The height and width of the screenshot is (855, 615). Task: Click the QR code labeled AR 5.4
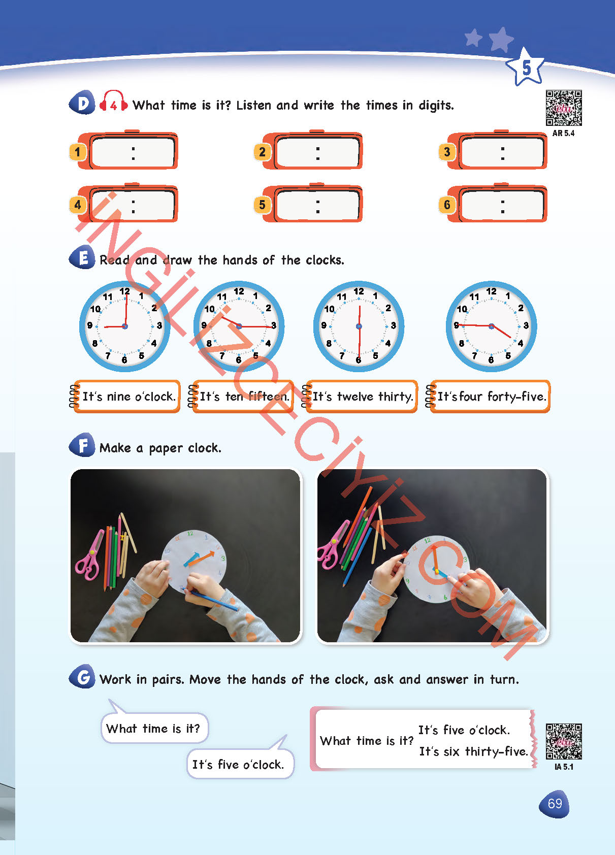click(x=564, y=108)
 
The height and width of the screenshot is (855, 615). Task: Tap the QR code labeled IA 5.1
click(x=564, y=741)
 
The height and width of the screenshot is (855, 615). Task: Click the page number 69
click(x=554, y=804)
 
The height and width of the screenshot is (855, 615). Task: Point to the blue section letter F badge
click(x=82, y=445)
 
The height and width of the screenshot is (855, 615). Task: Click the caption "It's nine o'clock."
click(x=128, y=397)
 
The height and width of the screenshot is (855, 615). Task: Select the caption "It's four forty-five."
click(x=492, y=397)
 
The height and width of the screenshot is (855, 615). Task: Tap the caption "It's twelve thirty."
click(x=363, y=397)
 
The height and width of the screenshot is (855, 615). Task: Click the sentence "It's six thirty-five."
click(x=473, y=751)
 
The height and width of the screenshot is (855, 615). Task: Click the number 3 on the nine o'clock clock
click(x=159, y=325)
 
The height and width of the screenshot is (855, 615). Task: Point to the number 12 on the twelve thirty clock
click(x=359, y=291)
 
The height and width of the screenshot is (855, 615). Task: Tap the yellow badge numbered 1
click(x=78, y=152)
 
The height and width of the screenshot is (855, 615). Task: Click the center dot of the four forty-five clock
click(x=491, y=326)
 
